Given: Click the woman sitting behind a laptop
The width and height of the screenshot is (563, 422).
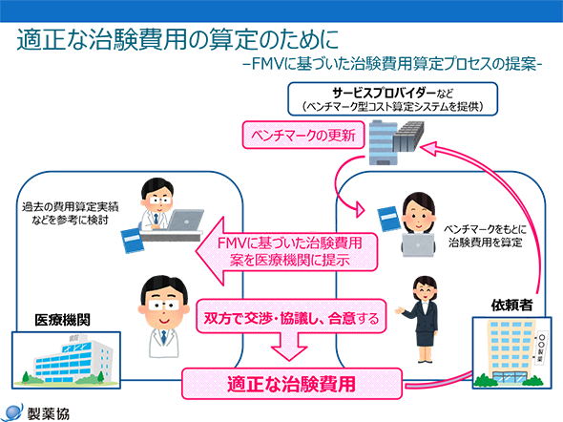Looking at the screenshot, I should [x=419, y=215].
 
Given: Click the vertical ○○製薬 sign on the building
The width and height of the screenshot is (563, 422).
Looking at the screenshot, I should [x=543, y=351].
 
